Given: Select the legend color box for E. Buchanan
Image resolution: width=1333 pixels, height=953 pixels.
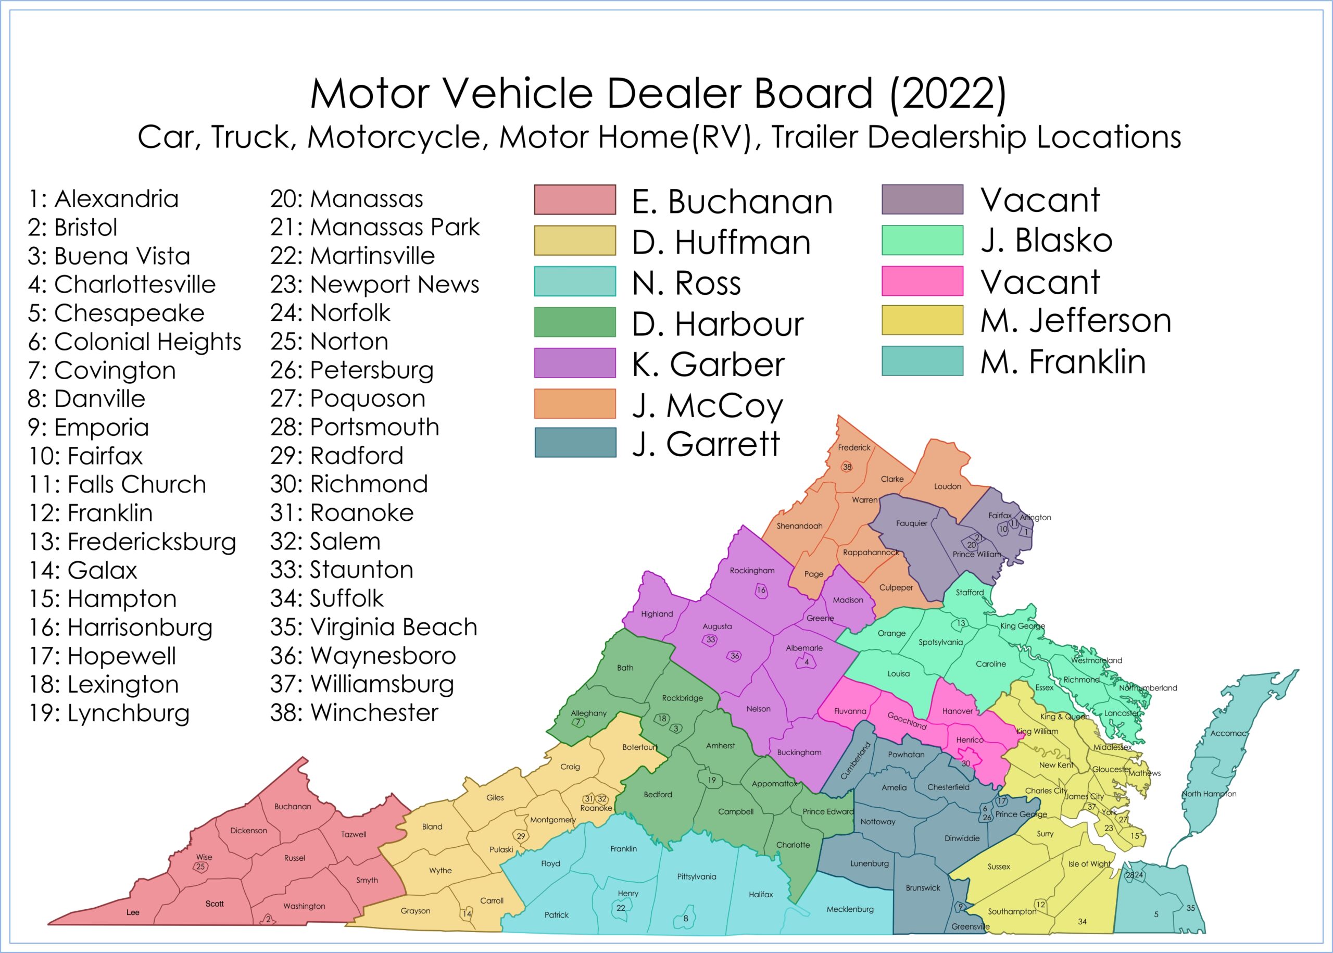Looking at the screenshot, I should click(x=574, y=199).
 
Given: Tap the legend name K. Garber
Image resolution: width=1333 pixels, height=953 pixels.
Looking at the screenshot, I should click(x=708, y=365).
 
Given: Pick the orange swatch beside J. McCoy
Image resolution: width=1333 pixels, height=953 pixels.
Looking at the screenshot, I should click(x=574, y=404).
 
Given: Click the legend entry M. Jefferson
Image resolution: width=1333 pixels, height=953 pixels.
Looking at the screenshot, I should click(x=1075, y=320).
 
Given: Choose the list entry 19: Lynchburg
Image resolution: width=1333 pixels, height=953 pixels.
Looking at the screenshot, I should click(x=109, y=713).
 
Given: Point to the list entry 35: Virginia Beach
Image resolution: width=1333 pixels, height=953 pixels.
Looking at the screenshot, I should click(x=373, y=626).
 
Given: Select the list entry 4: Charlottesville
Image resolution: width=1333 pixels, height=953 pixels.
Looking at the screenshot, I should click(x=121, y=284).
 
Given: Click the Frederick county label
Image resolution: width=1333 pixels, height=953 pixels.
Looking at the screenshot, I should click(x=853, y=447).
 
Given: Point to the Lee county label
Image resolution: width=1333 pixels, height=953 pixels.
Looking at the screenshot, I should click(x=133, y=912).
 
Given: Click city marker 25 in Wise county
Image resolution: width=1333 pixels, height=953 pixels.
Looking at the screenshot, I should click(x=200, y=867).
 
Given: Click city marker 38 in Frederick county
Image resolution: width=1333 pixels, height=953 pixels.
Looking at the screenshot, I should click(x=847, y=467).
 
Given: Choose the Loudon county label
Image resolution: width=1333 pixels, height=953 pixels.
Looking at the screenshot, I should click(x=947, y=486).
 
